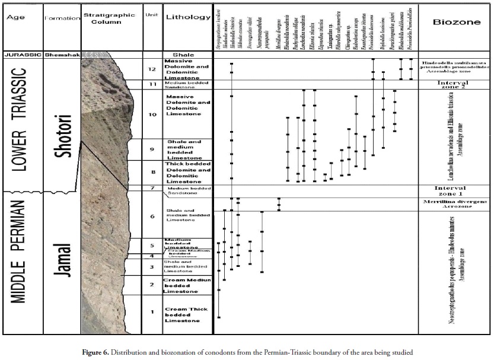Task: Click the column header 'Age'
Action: (15, 17)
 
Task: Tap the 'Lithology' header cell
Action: (186, 17)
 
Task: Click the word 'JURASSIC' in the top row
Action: (21, 55)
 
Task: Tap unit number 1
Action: (152, 312)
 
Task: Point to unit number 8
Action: (152, 173)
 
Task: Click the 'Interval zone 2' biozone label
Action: (455, 85)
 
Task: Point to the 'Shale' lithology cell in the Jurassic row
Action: (187, 55)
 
